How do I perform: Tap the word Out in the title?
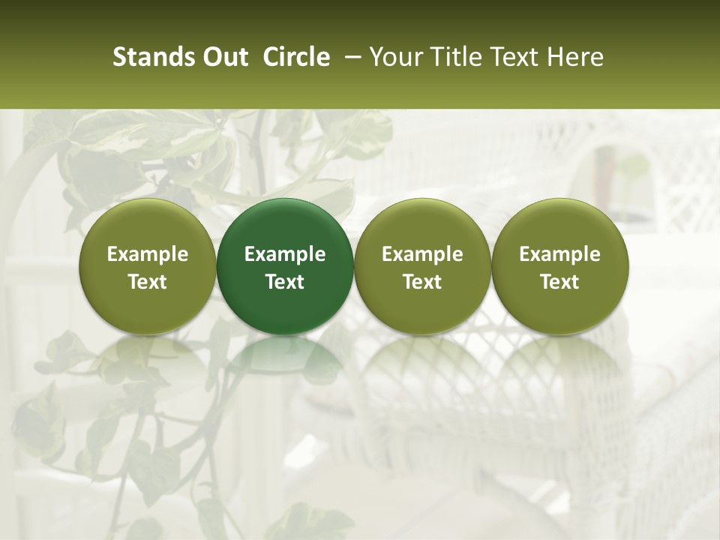pyautogui.click(x=223, y=57)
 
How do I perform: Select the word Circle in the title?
pyautogui.click(x=296, y=57)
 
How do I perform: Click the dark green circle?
pyautogui.click(x=285, y=266)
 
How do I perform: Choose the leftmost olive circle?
pyautogui.click(x=148, y=266)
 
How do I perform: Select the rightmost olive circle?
pyautogui.click(x=559, y=266)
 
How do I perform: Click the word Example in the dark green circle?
pyautogui.click(x=285, y=254)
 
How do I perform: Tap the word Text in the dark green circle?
pyautogui.click(x=285, y=282)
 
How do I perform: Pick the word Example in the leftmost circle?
pyautogui.click(x=148, y=254)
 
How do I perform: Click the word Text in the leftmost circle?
pyautogui.click(x=148, y=282)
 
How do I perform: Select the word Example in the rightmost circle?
pyautogui.click(x=559, y=254)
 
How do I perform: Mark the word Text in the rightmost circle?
pyautogui.click(x=559, y=282)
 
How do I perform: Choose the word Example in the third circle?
pyautogui.click(x=422, y=254)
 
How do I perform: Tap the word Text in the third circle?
pyautogui.click(x=422, y=282)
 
